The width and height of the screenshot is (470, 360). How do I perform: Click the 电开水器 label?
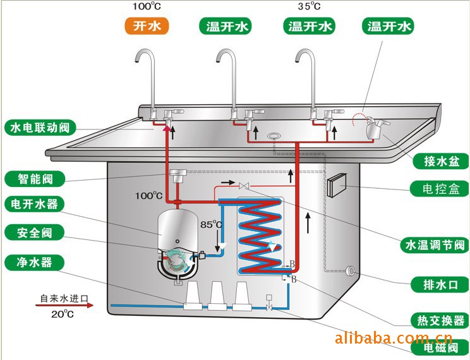tap(35, 204)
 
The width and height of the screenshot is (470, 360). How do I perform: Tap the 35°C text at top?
tap(309, 7)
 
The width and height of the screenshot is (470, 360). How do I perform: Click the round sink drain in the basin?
tap(275, 136)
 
